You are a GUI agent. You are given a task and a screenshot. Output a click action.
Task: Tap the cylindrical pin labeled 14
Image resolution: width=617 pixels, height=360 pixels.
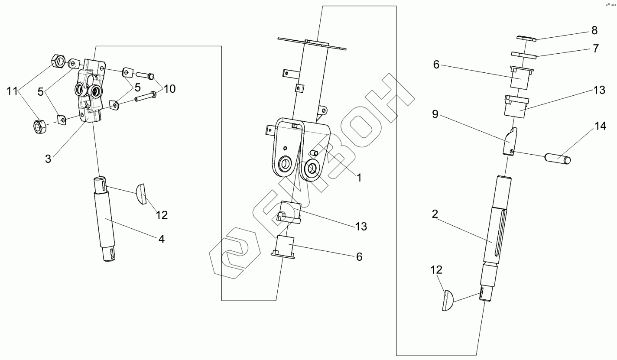coord(557,158)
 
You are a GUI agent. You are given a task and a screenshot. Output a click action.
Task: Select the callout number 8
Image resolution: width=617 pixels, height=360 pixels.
coord(594,30)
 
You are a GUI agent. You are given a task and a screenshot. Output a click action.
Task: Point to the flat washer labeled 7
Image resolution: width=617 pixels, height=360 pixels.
coord(524,55)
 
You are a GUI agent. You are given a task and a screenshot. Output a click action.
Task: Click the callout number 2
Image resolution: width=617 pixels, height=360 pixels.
coord(435,214)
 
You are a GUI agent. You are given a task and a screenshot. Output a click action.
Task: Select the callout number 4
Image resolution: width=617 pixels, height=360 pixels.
coord(161,239)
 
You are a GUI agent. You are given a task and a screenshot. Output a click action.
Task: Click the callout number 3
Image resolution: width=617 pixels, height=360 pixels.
coord(48,159)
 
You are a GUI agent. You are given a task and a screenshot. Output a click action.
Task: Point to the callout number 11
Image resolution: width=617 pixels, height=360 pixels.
coord(11,91)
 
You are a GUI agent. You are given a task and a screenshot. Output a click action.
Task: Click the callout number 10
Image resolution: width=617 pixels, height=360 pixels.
coord(169,89)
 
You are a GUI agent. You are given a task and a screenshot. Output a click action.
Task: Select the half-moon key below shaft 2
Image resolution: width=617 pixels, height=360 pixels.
coord(448,300)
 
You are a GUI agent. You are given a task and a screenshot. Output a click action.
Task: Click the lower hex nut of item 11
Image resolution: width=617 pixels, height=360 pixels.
coord(40,126)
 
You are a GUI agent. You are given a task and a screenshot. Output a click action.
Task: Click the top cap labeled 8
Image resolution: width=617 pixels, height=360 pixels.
coord(526,38)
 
